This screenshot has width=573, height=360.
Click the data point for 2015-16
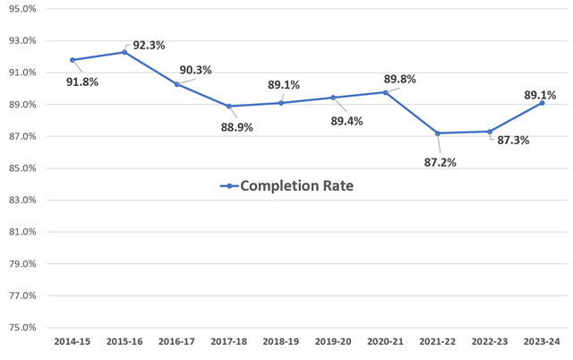click(124, 52)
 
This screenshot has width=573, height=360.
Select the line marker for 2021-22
click(438, 133)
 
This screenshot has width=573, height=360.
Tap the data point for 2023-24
click(542, 103)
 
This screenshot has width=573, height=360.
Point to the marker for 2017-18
click(229, 107)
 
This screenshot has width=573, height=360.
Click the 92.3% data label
click(150, 45)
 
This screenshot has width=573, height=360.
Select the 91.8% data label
click(81, 81)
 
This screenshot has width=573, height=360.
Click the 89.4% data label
click(346, 121)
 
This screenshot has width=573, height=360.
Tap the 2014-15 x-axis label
click(73, 343)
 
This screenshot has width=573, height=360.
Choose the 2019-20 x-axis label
click(333, 343)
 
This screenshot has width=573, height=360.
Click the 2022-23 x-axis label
click(490, 343)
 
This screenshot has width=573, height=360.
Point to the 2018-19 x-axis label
click(281, 343)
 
